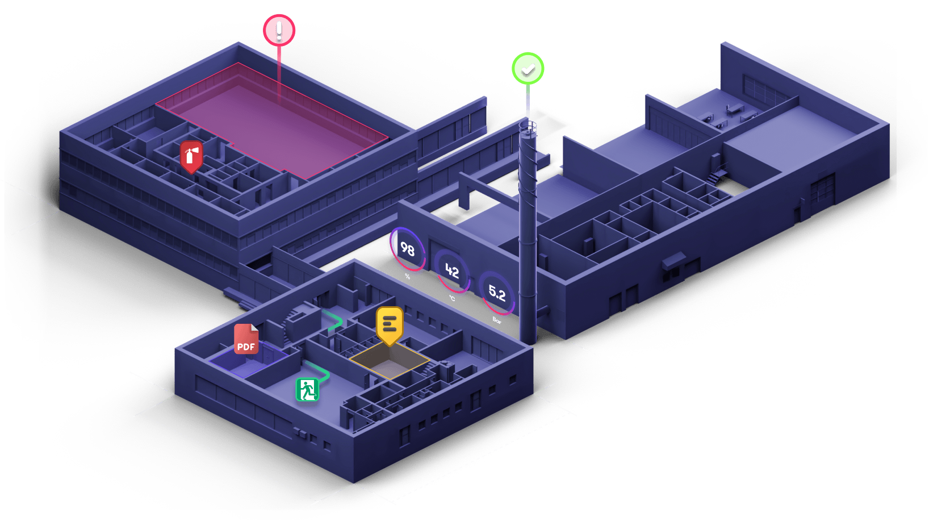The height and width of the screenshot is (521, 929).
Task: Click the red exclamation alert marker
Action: (279, 31)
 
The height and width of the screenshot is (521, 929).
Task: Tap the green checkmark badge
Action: (528, 69)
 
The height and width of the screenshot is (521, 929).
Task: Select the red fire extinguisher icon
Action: (191, 156)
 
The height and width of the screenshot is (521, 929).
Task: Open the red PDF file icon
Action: (246, 339)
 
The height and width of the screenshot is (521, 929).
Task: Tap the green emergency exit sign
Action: (307, 390)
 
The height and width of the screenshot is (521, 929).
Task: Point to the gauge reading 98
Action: (407, 249)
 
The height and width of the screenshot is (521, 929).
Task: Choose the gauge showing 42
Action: (452, 271)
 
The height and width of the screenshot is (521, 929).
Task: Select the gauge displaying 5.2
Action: (497, 293)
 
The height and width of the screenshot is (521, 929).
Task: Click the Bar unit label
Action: (497, 321)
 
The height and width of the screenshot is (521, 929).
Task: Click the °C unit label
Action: (452, 298)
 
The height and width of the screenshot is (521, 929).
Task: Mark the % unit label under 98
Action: (408, 277)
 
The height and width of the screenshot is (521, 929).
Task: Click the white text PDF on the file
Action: (246, 347)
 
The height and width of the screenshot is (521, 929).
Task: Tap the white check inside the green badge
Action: (528, 69)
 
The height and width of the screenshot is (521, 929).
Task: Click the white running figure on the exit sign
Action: (307, 390)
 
